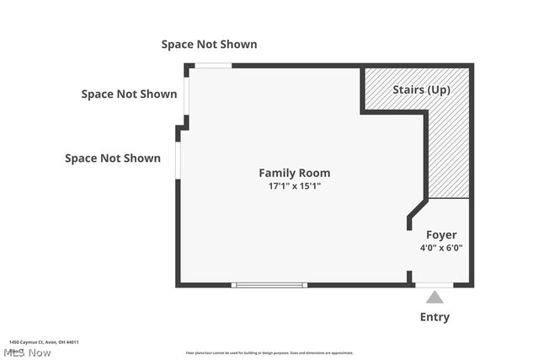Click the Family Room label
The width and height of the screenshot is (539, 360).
tap(294, 173)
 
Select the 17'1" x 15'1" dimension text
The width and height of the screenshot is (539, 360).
tap(294, 186)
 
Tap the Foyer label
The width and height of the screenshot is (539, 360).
tap(441, 234)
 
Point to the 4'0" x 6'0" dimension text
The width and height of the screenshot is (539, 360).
tap(441, 248)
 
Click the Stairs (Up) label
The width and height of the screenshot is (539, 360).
tap(421, 89)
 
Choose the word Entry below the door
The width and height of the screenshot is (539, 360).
tap(435, 317)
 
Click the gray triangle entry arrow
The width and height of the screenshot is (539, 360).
tap(435, 297)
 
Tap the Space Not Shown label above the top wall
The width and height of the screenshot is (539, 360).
tap(209, 44)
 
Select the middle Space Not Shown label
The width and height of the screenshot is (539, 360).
tap(129, 94)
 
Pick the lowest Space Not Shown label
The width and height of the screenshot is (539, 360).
tap(113, 158)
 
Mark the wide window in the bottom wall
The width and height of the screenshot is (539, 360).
tap(269, 285)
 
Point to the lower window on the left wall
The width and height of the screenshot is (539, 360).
tap(178, 160)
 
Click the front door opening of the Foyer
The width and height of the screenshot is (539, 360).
tap(435, 285)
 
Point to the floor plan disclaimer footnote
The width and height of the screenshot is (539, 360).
tap(269, 353)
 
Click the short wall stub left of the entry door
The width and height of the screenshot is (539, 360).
tap(410, 277)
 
